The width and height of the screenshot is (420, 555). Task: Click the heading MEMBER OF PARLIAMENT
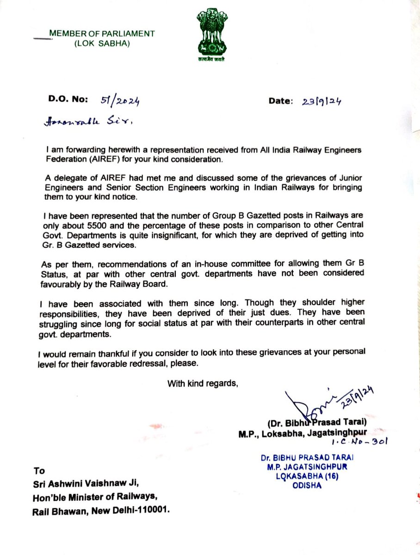tap(102, 34)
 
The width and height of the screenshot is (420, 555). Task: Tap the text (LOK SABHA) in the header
tap(103, 43)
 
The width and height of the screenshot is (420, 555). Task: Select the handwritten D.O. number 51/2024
tap(120, 100)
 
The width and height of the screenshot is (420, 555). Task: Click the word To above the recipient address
tap(39, 471)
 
